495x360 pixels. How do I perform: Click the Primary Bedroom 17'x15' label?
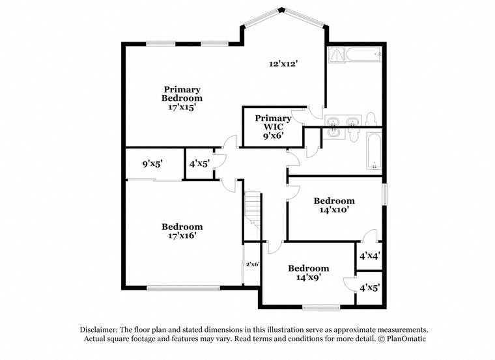182,98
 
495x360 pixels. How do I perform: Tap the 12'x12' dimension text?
283,64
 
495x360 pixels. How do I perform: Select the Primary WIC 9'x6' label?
273,128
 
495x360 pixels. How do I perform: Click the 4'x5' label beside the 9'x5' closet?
199,164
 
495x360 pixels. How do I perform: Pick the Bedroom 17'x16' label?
182,231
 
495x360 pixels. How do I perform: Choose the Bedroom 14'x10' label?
334,205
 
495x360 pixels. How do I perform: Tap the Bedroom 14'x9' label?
309,273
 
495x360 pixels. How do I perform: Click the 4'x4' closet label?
369,256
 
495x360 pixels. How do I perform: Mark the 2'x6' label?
253,264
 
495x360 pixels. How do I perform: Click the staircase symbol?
253,210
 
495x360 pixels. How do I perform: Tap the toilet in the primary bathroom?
371,119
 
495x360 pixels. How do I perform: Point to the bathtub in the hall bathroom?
375,151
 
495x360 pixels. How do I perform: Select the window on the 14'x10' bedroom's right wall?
384,194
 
